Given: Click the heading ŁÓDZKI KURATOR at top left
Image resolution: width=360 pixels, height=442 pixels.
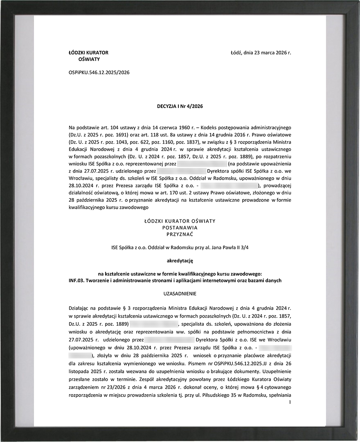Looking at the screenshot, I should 88,52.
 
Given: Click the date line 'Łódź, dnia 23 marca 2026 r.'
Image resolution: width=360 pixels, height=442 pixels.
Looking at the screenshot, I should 261,52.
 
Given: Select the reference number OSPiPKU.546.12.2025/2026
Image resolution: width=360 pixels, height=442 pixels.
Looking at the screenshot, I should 99,72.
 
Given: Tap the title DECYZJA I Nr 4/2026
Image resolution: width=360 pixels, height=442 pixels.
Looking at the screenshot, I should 180,106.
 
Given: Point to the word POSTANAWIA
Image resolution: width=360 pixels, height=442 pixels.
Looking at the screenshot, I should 180,228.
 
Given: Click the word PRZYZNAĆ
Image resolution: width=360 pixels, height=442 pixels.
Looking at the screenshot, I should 180,234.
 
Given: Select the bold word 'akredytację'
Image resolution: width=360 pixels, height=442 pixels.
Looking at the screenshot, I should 180,260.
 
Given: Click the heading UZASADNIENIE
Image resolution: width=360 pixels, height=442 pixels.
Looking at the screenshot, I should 180,293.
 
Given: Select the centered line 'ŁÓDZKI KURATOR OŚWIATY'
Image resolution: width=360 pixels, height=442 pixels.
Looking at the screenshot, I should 180,221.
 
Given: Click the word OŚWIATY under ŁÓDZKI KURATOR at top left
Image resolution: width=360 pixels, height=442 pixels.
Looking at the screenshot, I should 89,59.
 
